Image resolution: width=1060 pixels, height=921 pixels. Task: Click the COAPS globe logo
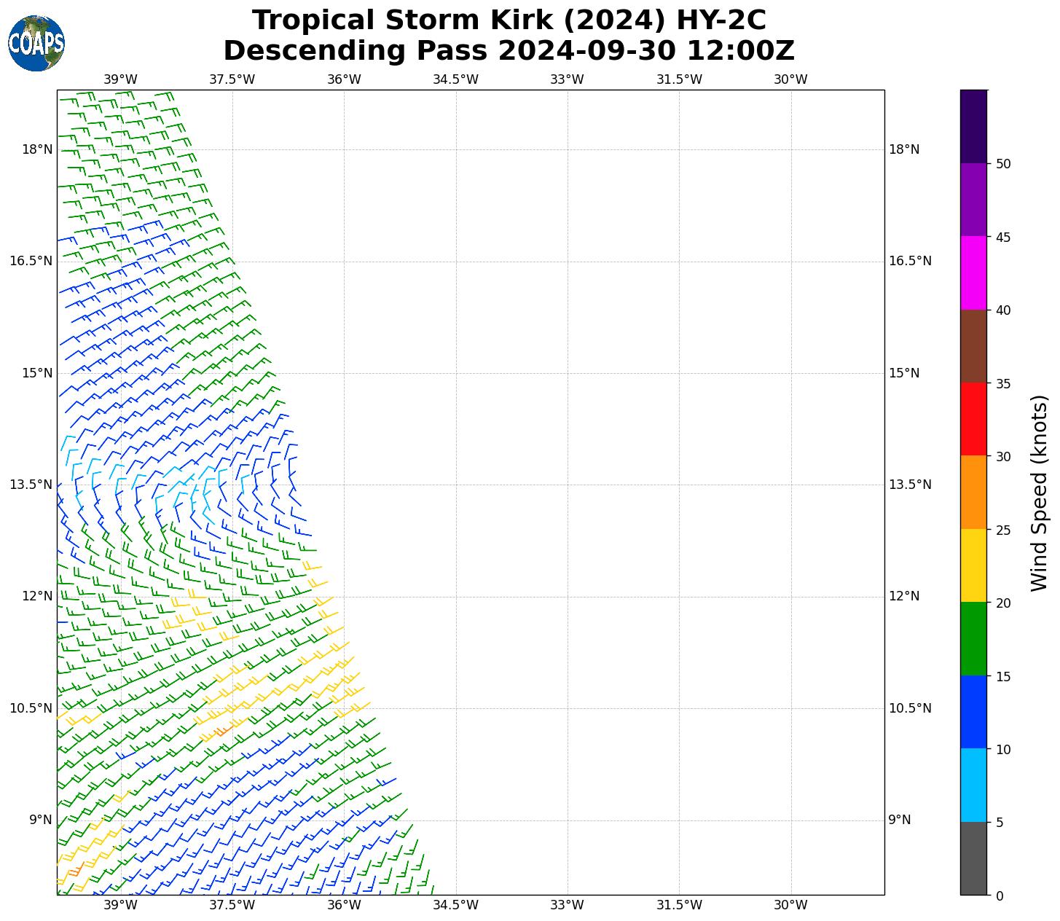36,43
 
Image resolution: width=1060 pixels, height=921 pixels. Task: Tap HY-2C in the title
721,20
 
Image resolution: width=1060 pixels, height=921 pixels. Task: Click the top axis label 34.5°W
455,79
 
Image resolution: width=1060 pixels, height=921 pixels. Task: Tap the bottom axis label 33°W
567,905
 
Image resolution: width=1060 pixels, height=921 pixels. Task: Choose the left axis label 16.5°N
31,262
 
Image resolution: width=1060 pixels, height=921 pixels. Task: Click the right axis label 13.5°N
910,485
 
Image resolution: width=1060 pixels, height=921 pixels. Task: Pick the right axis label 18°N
904,150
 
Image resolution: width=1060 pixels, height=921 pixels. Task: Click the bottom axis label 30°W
790,905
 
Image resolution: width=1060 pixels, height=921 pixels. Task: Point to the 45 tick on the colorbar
1003,238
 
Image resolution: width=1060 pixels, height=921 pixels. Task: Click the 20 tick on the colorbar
1003,603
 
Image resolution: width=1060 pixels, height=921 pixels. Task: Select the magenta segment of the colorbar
973,273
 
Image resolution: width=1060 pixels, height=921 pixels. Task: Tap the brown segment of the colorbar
973,346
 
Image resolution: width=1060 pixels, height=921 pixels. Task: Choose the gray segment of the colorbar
973,858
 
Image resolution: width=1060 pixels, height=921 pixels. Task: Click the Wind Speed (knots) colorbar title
1040,493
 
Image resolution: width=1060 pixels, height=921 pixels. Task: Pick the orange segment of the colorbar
973,493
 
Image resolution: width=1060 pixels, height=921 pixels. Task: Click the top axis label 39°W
120,79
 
